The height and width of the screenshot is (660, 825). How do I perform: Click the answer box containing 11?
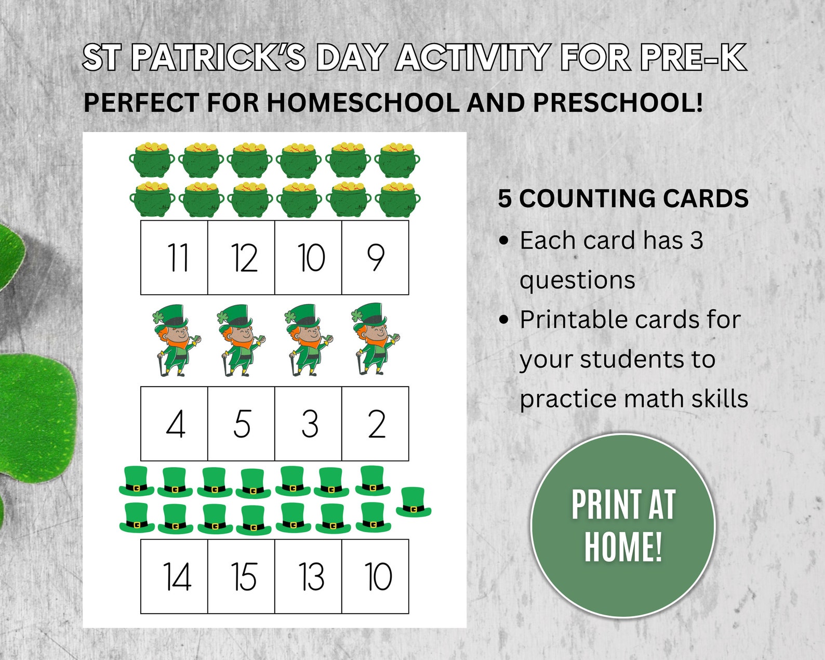(174, 258)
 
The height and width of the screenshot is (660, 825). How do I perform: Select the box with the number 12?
(241, 258)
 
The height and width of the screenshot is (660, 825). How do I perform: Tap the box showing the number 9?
(375, 258)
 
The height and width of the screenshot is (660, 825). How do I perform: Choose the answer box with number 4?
(174, 424)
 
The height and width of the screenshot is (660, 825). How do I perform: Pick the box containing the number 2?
(375, 424)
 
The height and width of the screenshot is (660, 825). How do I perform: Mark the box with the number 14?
(174, 576)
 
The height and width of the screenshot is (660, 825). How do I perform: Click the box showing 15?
(241, 576)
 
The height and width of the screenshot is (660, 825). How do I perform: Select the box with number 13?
(308, 576)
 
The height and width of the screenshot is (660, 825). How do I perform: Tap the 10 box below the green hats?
(375, 576)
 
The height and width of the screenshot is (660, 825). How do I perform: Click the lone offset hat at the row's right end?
(414, 502)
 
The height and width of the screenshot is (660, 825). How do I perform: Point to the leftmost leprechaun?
(174, 340)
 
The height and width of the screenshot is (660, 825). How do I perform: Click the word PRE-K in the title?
(693, 57)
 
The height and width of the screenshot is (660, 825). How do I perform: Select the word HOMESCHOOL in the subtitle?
(363, 102)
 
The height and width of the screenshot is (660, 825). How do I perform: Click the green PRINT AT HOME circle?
(623, 525)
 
